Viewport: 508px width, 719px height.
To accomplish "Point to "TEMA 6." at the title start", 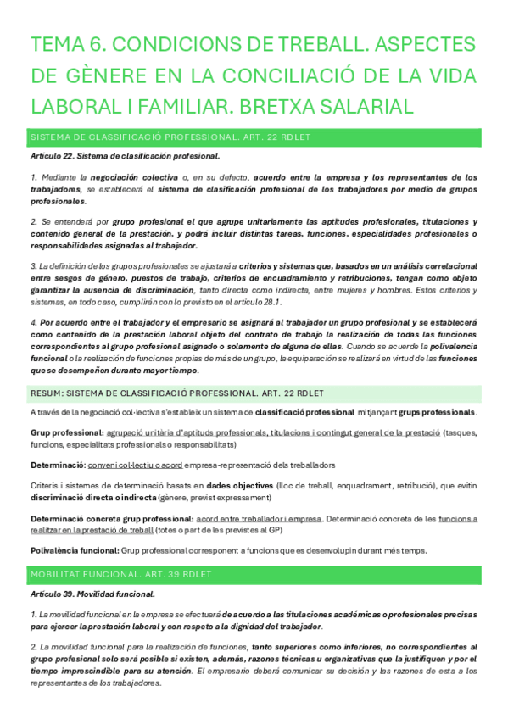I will (x=66, y=45).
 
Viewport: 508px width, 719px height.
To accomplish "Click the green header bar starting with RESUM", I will (x=254, y=393).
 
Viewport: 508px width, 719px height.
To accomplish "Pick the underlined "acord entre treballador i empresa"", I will (x=259, y=517).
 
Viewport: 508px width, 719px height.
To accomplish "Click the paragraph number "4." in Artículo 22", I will (x=33, y=322).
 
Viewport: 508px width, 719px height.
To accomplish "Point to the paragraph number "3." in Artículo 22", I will (x=33, y=266).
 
